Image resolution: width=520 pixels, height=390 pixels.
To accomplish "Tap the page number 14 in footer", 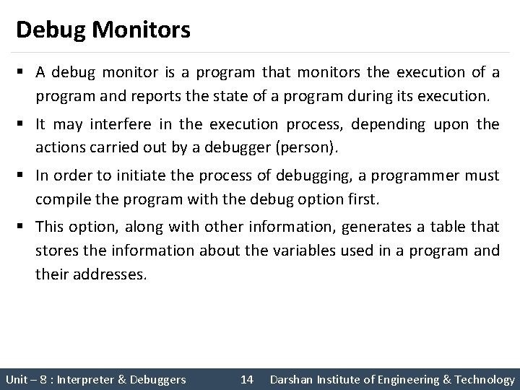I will tap(246, 379).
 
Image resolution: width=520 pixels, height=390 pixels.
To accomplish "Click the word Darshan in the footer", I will tap(290, 379).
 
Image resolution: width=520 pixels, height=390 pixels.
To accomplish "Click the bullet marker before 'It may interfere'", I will tap(21, 124).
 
